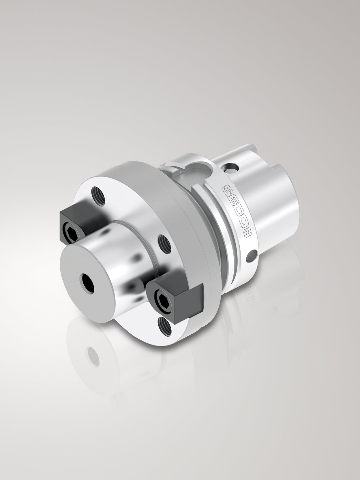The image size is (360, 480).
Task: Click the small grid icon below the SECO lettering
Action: tap(247, 233)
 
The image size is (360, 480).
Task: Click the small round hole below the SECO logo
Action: tap(252, 255)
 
